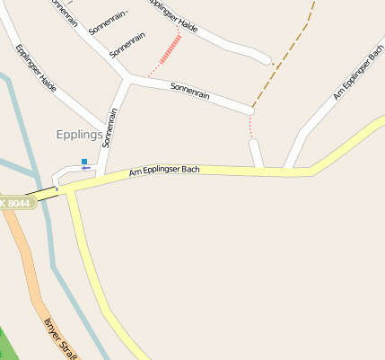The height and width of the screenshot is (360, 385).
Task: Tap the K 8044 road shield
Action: pos(16,204)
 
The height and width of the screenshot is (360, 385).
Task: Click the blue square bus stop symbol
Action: pos(84,162)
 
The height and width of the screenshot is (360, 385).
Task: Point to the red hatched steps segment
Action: pos(171,49)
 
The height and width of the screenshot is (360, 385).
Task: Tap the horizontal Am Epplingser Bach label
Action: pos(164,170)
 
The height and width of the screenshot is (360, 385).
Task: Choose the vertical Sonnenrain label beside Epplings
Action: pos(110,127)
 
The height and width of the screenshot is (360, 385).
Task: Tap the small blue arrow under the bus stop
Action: pos(85,168)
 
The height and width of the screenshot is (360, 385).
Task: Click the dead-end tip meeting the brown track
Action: pos(268,62)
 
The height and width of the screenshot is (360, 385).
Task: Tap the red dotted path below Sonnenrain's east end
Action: pos(251,127)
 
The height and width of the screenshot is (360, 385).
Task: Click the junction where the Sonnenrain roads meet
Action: pos(128,81)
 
